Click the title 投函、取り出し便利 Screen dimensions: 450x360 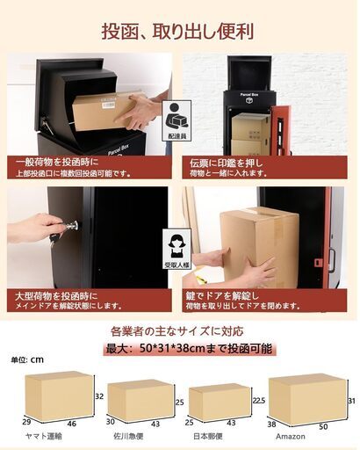[178, 32]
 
